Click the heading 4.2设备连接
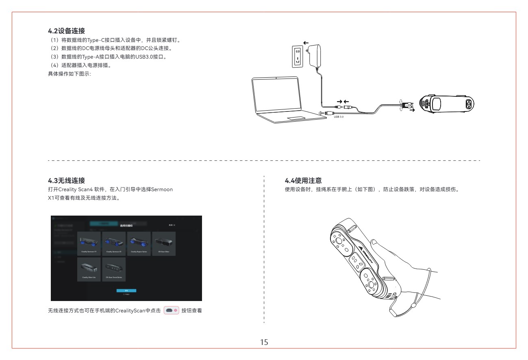coord(66,31)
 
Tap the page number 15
coord(264,342)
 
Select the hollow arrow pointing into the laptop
coord(323,113)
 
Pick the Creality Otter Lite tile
coord(89,269)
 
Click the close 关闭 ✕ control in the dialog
coord(172,225)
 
